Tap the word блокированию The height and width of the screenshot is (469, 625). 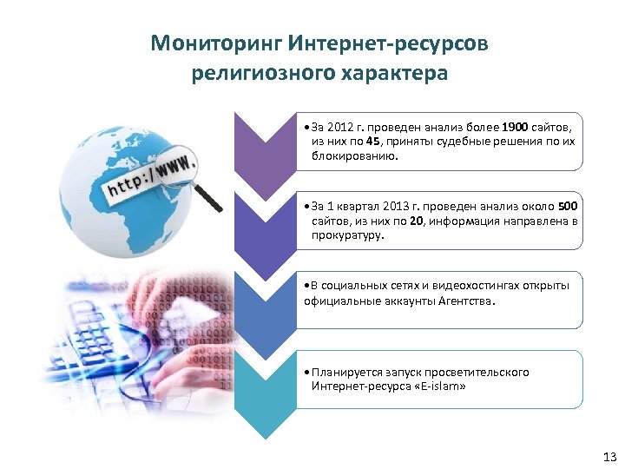pyautogui.click(x=357, y=156)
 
